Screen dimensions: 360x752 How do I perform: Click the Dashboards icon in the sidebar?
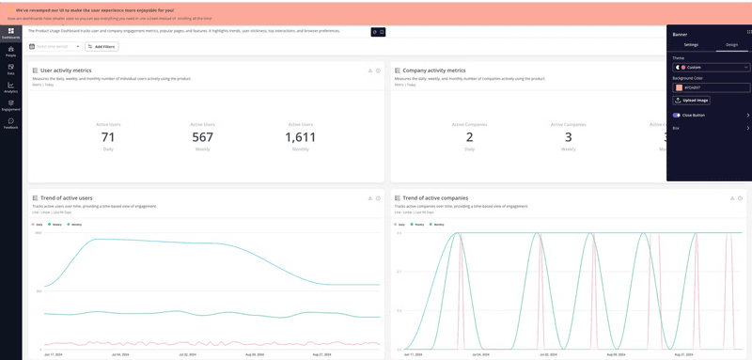coord(10,33)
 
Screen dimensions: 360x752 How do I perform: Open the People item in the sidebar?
coord(10,51)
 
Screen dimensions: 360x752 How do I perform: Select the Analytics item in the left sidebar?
coord(10,86)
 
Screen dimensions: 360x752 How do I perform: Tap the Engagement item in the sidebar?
coord(10,104)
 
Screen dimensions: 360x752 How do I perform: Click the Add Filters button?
coord(102,46)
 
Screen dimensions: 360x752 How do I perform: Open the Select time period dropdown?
coord(55,46)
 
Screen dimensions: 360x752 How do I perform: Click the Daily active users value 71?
coord(108,137)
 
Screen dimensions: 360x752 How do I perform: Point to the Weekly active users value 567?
coord(203,137)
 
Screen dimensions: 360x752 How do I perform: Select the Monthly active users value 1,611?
coord(300,137)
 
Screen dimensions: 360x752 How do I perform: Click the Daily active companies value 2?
coord(469,137)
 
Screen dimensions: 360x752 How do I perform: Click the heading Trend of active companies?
coord(434,198)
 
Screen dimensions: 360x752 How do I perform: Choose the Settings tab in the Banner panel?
coord(691,44)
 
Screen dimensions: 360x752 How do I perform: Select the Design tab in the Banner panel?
coord(731,44)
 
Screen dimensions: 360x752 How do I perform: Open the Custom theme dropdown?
coord(712,68)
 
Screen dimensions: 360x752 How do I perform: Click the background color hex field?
coord(714,87)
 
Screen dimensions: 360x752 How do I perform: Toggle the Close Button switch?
coord(677,115)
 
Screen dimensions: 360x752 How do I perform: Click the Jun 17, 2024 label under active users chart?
coord(54,355)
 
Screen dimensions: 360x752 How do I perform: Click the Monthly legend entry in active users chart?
coord(74,225)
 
